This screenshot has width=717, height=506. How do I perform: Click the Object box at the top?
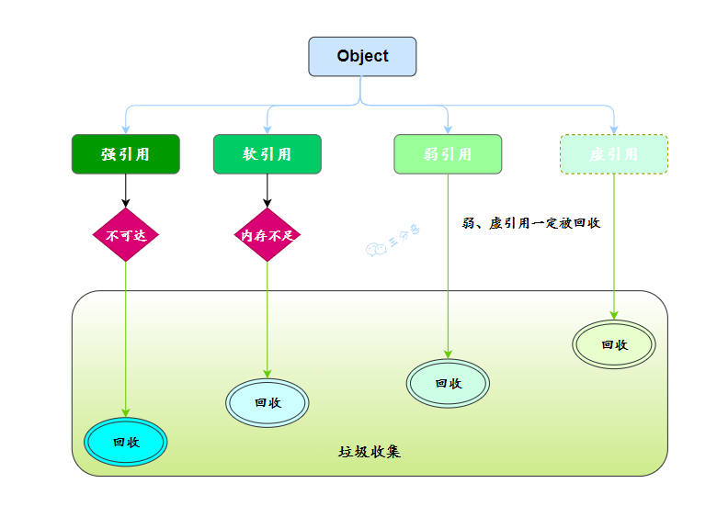click(362, 56)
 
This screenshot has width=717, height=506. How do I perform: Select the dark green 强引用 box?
click(126, 154)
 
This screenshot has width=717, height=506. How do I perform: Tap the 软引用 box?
click(267, 154)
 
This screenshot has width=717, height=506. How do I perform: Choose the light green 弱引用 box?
click(448, 154)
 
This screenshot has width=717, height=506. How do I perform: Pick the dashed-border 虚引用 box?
click(614, 154)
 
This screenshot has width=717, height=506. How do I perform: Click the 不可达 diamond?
click(126, 235)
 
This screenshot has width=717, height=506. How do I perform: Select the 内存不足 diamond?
click(267, 235)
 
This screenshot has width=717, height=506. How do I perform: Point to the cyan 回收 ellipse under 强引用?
click(126, 442)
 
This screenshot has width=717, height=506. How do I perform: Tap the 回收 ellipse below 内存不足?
click(267, 402)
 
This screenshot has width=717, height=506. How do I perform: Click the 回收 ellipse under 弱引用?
click(448, 383)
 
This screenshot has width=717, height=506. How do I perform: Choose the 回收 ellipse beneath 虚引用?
click(614, 344)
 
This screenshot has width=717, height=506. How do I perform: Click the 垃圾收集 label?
click(370, 452)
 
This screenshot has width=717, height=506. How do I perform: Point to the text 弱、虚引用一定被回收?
click(531, 223)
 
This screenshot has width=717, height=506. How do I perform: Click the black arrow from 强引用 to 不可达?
click(126, 191)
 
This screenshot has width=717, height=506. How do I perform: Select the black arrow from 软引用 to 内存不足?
click(267, 191)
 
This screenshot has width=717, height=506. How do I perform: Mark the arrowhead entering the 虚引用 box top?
click(614, 129)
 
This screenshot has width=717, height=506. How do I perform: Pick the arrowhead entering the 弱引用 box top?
click(448, 129)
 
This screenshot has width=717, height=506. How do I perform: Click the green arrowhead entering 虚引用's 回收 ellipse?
click(614, 315)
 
